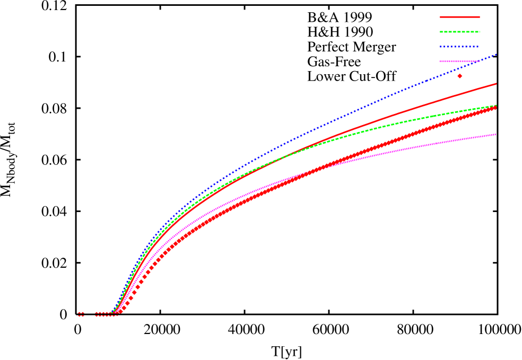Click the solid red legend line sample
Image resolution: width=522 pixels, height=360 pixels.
coord(459,17)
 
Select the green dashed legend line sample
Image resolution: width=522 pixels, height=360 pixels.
coord(459,32)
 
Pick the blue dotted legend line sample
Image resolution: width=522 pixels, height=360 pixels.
coord(459,47)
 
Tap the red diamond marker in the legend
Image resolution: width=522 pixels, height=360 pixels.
coord(459,76)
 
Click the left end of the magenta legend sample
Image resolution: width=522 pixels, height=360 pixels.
coord(440,62)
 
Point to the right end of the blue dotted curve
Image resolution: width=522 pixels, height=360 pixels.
coord(497,54)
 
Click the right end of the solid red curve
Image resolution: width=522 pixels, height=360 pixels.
coord(497,83)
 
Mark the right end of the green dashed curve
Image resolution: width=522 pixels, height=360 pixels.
coord(497,105)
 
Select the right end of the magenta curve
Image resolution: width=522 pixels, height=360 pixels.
coord(497,134)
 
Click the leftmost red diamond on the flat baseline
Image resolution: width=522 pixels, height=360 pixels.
coord(80,314)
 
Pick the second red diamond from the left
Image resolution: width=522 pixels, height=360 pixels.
coord(83,314)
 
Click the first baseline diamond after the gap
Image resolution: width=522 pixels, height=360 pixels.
coord(97,314)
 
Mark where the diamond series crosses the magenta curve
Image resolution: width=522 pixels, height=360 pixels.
coord(313,171)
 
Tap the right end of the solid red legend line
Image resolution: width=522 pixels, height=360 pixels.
coord(480,17)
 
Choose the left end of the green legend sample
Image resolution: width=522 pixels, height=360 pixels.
coord(440,32)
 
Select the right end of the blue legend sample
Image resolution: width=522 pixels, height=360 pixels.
coord(479,47)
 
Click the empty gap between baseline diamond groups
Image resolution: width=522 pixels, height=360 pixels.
coord(90,314)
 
